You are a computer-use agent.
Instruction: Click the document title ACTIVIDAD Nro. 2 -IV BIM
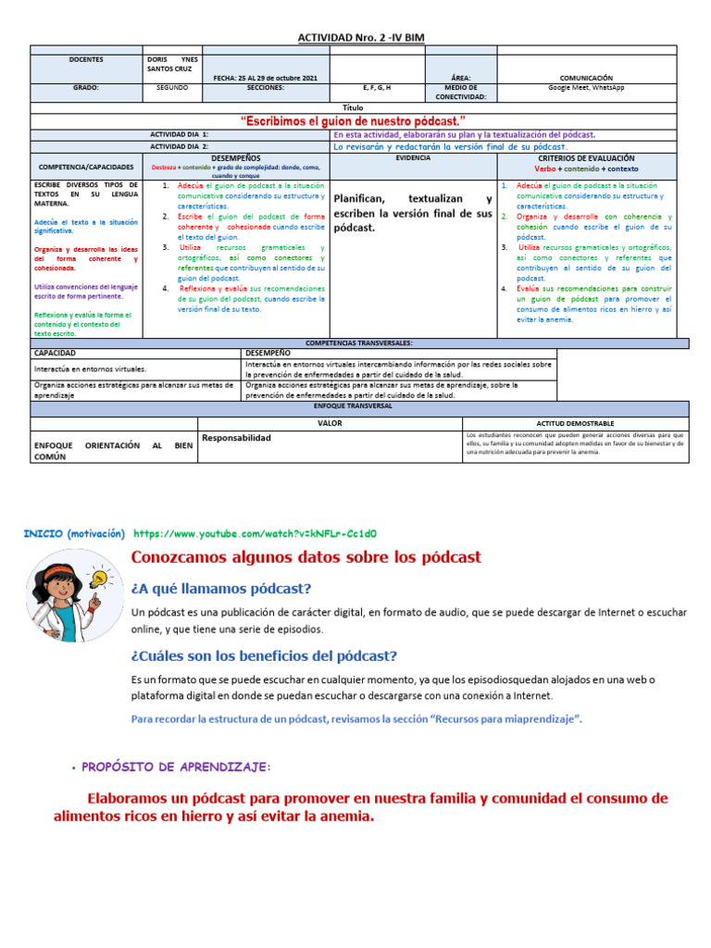(x=361, y=36)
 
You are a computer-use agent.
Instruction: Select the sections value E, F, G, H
(x=376, y=87)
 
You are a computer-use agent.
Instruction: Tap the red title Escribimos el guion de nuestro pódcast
(x=353, y=121)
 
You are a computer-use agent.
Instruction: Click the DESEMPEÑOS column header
(x=235, y=158)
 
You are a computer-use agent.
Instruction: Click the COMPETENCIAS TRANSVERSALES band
(x=359, y=343)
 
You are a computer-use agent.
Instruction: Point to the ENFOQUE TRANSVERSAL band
(x=359, y=405)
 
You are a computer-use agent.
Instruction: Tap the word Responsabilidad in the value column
(x=236, y=437)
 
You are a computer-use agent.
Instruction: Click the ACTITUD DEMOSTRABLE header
(x=575, y=422)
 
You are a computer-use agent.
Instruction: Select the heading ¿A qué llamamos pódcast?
(x=221, y=589)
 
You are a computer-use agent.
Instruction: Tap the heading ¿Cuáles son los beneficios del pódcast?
(x=263, y=655)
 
